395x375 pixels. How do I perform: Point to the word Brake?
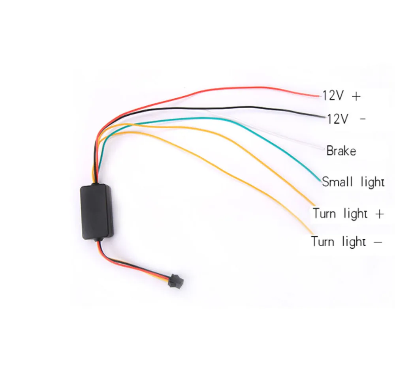point(341,151)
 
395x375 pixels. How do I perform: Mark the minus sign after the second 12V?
point(363,118)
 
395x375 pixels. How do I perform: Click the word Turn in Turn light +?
point(324,214)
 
